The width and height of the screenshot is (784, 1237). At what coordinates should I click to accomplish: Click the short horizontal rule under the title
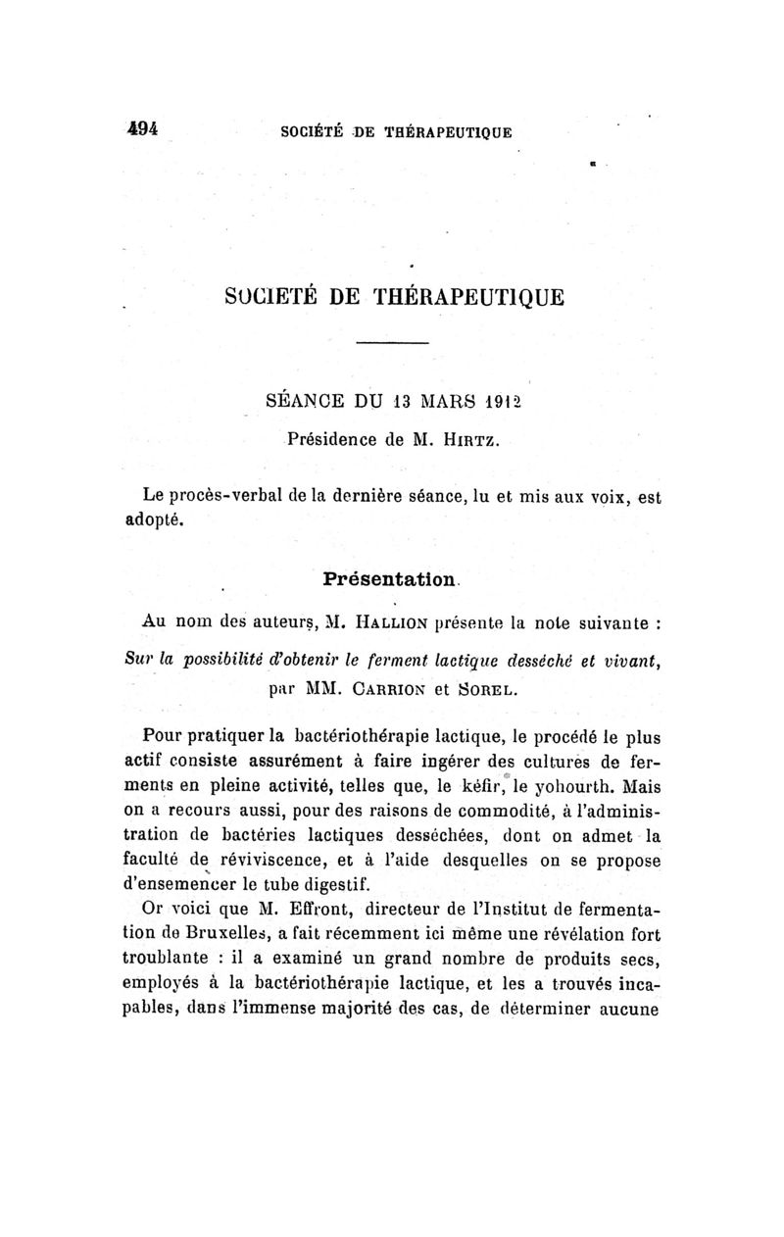[392, 342]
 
